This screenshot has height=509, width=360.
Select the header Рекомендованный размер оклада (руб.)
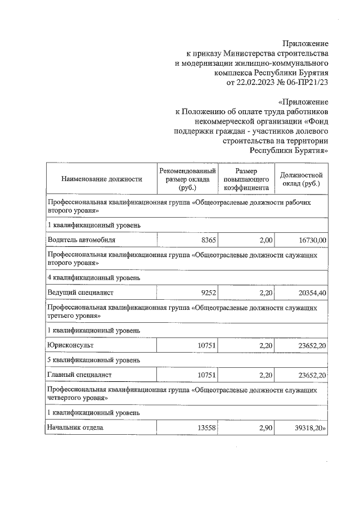pyautogui.click(x=187, y=179)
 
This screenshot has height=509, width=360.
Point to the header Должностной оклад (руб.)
pyautogui.click(x=301, y=179)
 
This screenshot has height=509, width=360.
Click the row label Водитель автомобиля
pyautogui.click(x=82, y=240)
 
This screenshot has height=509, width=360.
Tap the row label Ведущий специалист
pyautogui.click(x=81, y=292)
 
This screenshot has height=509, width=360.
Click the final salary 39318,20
pyautogui.click(x=309, y=427)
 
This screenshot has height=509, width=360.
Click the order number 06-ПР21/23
pyautogui.click(x=308, y=83)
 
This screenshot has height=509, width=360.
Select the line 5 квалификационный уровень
pyautogui.click(x=94, y=359)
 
